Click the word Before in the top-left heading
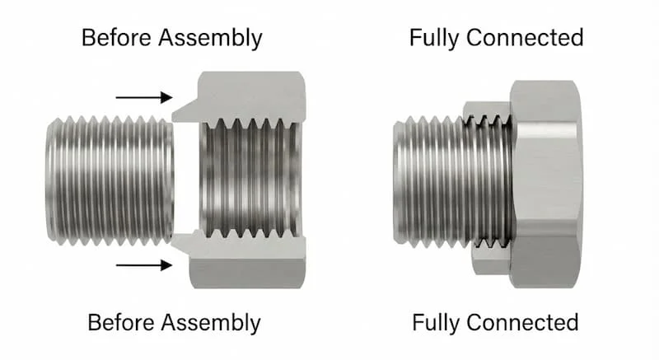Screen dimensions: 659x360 [117, 37]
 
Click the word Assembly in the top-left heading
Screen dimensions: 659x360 [211, 39]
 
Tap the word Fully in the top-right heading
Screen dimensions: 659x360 [435, 39]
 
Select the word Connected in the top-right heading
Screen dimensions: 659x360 [525, 37]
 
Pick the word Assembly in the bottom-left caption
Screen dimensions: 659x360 [211, 324]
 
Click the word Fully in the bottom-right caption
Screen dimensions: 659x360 [437, 324]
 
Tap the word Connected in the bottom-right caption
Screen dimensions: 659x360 [522, 323]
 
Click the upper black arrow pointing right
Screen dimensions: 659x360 [144, 97]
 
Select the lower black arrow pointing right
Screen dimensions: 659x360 [144, 265]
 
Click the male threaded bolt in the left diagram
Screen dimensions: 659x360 [110, 180]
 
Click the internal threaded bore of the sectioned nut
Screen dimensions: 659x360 [250, 180]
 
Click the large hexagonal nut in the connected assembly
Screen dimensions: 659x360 [546, 184]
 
